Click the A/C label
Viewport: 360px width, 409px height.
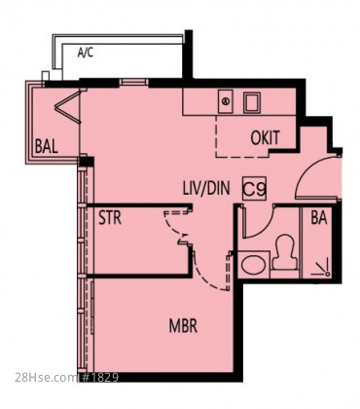[86, 52]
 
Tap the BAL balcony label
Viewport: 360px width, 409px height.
[47, 146]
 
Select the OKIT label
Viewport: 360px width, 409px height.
[265, 137]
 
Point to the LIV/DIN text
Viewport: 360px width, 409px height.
[206, 188]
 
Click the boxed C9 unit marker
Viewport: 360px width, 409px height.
[255, 189]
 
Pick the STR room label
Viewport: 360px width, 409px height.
[110, 218]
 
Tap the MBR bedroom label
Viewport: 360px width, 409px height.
[183, 325]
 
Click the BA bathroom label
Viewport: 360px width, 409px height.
[319, 218]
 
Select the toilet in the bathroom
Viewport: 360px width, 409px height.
[284, 252]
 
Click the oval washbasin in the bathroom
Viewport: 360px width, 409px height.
[253, 265]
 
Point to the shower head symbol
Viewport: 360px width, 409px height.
[322, 268]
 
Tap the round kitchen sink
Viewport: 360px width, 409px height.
[225, 101]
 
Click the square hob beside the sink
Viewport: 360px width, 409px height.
[252, 103]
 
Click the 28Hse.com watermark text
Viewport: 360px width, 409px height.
[45, 377]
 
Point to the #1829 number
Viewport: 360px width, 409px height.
[99, 377]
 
